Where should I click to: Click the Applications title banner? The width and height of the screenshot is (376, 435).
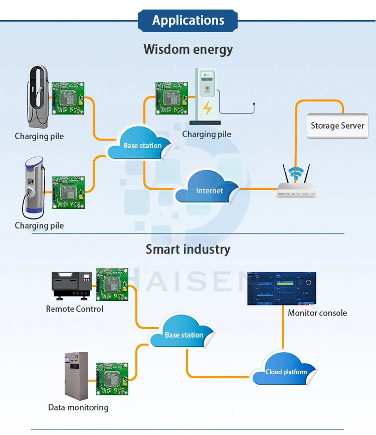point(187,21)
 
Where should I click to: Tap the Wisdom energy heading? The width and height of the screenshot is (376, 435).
point(188,50)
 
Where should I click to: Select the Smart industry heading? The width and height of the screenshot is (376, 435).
point(188,249)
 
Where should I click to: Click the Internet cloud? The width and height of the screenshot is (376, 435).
point(207,187)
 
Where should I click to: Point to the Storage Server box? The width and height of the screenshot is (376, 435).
point(337,126)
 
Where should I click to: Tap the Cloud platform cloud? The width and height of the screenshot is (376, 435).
point(285,369)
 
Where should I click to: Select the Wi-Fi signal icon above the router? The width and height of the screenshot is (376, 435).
point(296,173)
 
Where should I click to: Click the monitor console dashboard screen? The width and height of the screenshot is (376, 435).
point(282,288)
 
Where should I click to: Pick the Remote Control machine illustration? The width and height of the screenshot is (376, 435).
point(72,286)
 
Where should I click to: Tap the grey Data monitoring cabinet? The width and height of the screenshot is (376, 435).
point(76,376)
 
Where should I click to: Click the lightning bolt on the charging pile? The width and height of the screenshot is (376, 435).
point(207,107)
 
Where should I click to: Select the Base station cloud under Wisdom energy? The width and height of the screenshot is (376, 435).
point(140,143)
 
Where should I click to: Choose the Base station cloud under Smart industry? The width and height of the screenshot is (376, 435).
point(182,332)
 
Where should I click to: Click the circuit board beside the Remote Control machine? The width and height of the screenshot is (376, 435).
point(112,284)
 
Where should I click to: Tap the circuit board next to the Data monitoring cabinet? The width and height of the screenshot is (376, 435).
point(112,379)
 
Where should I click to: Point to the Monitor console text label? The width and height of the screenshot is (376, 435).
point(317,313)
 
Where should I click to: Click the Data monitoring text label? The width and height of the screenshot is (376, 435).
point(78,407)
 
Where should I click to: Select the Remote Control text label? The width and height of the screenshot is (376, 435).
point(75,309)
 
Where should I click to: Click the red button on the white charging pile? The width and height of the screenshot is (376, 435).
point(207,88)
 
